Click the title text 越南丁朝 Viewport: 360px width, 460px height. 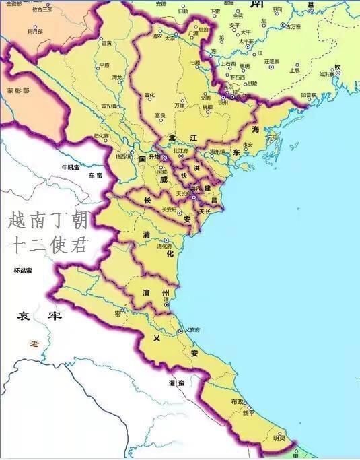47,220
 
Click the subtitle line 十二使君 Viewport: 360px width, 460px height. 47,244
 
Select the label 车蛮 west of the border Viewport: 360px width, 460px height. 96,176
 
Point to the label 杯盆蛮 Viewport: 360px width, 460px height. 23,271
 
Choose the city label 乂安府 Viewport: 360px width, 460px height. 194,330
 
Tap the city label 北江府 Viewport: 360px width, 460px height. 180,152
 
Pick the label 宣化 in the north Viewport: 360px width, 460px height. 150,95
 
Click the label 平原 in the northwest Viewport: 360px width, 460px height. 104,65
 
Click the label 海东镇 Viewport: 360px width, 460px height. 217,152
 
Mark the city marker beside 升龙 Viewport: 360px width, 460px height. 164,157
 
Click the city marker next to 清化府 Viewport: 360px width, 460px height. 166,240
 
